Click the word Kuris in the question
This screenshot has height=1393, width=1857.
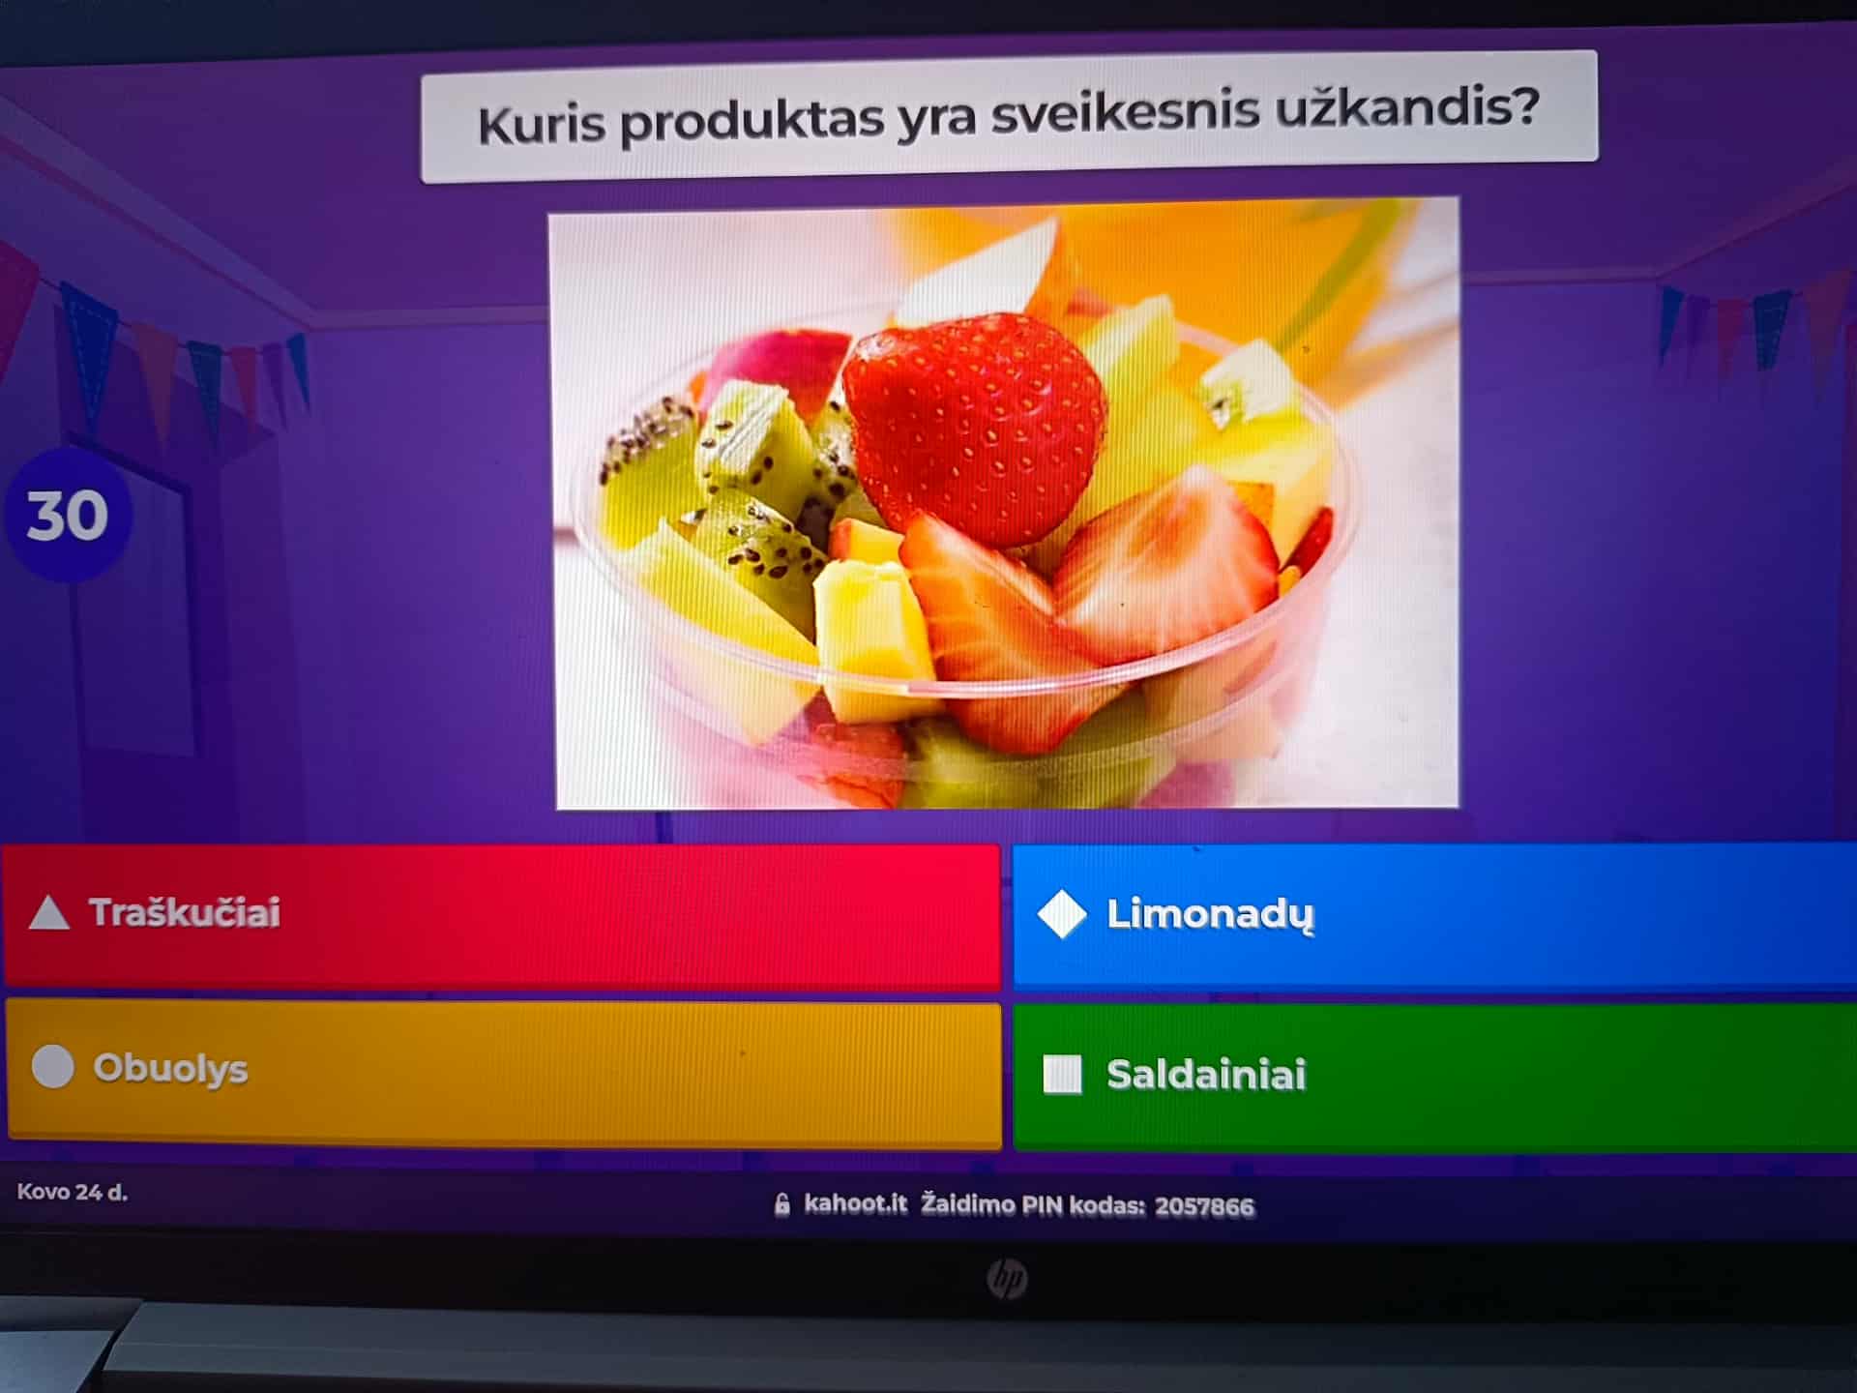coord(541,124)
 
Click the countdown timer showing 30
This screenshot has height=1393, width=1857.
coord(68,515)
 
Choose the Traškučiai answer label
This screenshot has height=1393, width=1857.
coord(185,912)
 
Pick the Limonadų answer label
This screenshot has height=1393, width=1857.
coord(1210,914)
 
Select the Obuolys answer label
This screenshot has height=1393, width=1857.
coord(170,1069)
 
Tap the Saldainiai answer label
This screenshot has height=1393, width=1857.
coord(1206,1075)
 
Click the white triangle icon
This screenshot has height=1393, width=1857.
coord(48,913)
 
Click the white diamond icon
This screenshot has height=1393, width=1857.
coord(1061,914)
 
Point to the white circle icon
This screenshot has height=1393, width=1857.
coord(52,1067)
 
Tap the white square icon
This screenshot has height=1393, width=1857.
coord(1062,1075)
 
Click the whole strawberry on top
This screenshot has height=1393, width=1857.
coord(974,426)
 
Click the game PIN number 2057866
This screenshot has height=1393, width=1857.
coord(1204,1206)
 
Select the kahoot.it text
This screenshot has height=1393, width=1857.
coord(856,1203)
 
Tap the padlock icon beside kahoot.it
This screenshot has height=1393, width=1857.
coord(782,1204)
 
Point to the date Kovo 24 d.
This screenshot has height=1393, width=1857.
coord(73,1192)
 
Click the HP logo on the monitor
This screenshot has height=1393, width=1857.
coord(1006,1280)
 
